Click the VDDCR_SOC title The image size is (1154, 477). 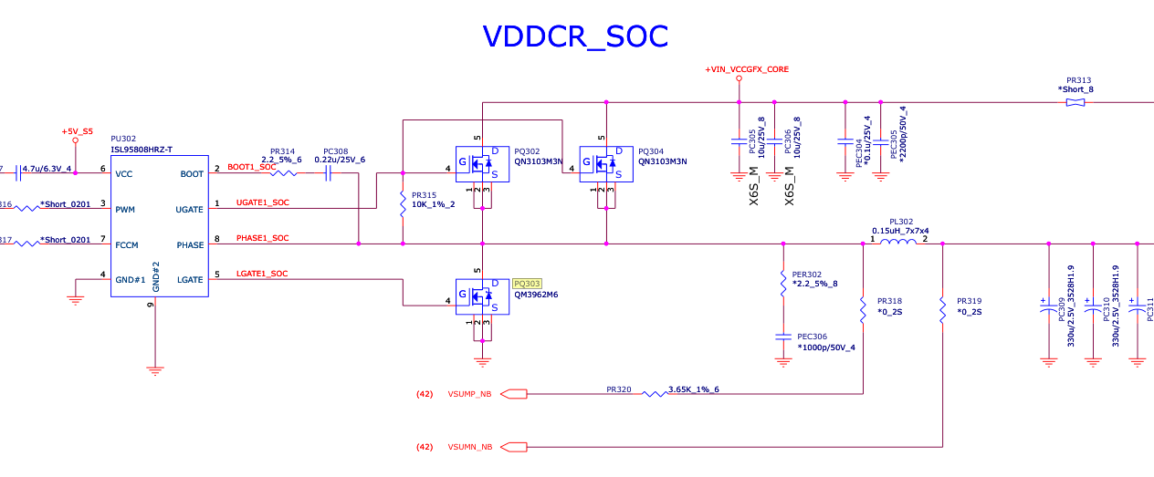[x=575, y=36]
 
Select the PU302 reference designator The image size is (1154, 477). [x=124, y=140]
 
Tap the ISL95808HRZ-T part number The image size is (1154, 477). [x=142, y=150]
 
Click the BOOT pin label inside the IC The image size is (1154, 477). [x=192, y=173]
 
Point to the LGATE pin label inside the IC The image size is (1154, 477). [x=190, y=279]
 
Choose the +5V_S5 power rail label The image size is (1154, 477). [x=77, y=131]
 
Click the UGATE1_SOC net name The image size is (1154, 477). [x=262, y=202]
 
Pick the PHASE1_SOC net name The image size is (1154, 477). [x=262, y=238]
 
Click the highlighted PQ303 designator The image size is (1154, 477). [x=528, y=284]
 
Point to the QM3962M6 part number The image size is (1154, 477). [x=536, y=295]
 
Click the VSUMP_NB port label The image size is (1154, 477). [x=469, y=394]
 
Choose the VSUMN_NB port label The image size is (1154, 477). [x=469, y=447]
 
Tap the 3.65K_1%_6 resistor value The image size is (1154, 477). [x=694, y=389]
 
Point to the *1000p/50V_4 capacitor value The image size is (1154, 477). [x=826, y=347]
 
